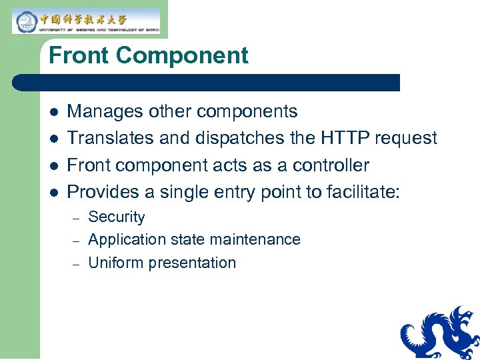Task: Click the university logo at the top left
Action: [x=85, y=21]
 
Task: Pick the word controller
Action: [x=331, y=165]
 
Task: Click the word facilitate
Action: [x=363, y=193]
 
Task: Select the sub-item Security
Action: [x=117, y=217]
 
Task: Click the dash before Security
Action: [x=76, y=218]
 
